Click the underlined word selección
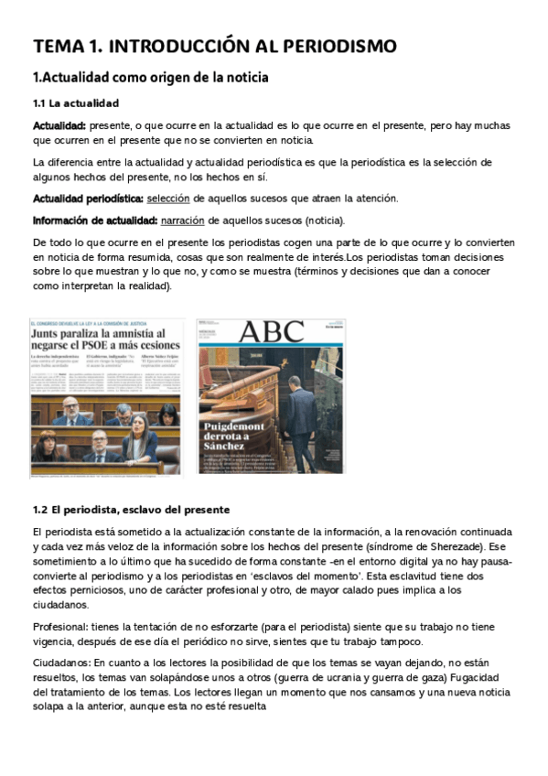pos(167,198)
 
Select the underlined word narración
pos(182,220)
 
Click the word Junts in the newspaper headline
pos(53,336)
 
